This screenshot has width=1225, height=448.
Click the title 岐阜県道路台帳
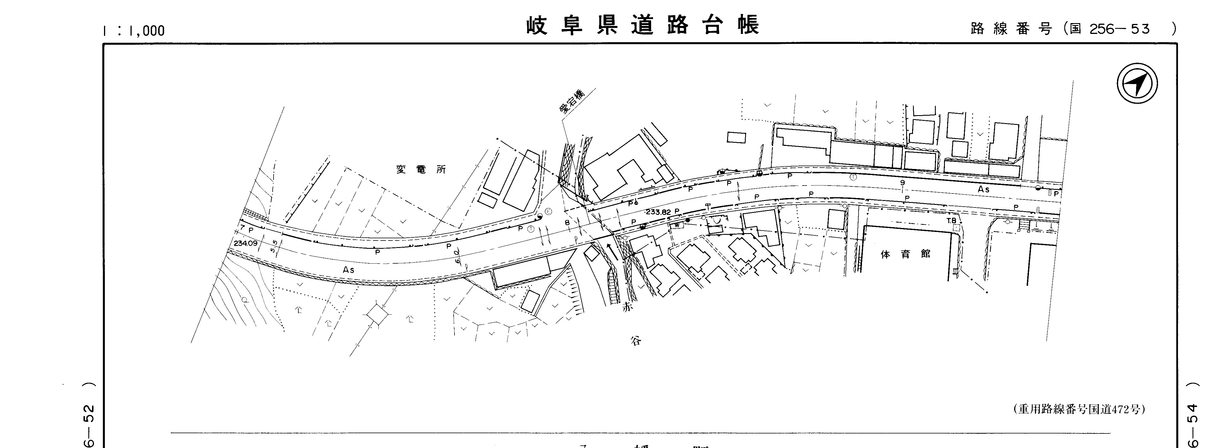pyautogui.click(x=643, y=25)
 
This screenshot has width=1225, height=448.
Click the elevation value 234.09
pyautogui.click(x=245, y=243)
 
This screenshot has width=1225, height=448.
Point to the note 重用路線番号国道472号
pyautogui.click(x=1079, y=409)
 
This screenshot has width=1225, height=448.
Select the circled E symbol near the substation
pyautogui.click(x=548, y=211)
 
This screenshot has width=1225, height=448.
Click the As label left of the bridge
pyautogui.click(x=348, y=270)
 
